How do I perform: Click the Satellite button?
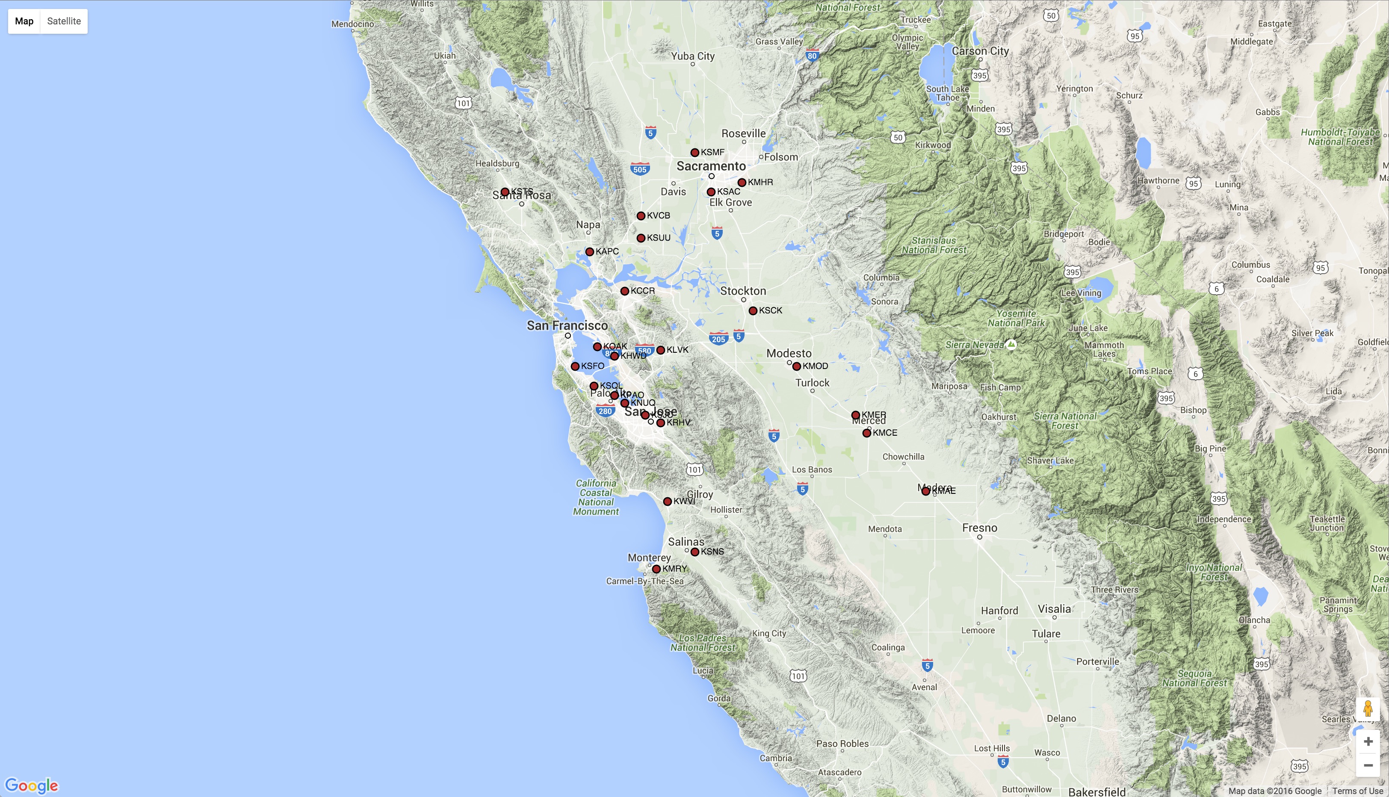coord(64,21)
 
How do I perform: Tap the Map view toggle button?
coord(24,21)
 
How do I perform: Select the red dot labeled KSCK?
coord(753,311)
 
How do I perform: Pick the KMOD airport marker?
coord(797,366)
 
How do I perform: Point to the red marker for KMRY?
coord(656,569)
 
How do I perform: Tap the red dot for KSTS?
coord(505,192)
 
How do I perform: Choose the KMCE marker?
coord(867,433)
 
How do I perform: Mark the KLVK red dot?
coord(660,350)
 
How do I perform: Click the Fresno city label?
coord(979,528)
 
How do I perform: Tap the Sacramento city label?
coord(711,166)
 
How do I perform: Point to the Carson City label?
coord(980,51)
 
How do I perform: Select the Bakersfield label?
coord(1096,791)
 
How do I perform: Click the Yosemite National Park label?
coord(1016,318)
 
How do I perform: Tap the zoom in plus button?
coord(1368,741)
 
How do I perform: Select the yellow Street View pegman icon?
coord(1368,708)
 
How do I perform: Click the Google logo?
coord(31,785)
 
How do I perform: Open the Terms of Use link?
coord(1358,791)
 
